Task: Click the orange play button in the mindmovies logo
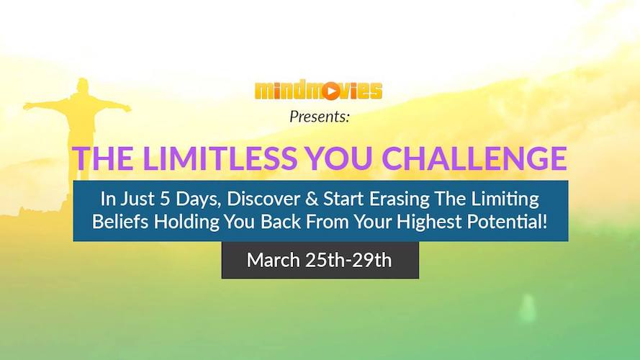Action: coord(331,91)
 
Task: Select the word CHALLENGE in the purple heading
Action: coord(474,158)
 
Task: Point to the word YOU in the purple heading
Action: coord(339,158)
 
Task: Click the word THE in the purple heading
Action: coord(102,158)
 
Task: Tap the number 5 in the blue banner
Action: coord(165,199)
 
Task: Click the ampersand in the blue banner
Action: coord(312,199)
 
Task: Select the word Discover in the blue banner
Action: coord(263,199)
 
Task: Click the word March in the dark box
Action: coord(273,260)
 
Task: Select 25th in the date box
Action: coord(325,260)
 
